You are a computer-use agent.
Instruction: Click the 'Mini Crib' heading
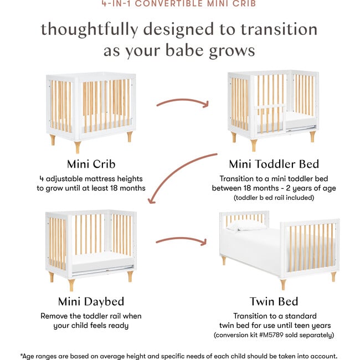click(x=91, y=164)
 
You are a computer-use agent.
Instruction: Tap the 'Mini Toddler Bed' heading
click(x=274, y=164)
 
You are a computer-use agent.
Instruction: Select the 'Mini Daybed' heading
click(x=91, y=302)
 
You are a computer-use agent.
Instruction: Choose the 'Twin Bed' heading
click(x=274, y=302)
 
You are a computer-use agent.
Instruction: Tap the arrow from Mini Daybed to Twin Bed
click(x=182, y=241)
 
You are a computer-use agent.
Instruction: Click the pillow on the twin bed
click(x=246, y=225)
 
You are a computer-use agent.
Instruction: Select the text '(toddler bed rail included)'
click(x=274, y=197)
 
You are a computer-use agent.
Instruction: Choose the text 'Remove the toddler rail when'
click(x=91, y=316)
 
